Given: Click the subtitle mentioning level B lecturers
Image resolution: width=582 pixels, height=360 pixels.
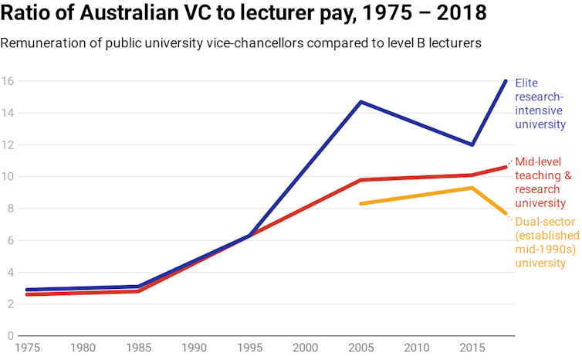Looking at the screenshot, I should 241,43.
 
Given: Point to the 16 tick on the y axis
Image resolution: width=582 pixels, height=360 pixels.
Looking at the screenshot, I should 7,81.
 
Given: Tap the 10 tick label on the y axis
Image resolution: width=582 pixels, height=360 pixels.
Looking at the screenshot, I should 7,177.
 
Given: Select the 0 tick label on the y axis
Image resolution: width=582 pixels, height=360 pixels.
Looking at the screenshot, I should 10,336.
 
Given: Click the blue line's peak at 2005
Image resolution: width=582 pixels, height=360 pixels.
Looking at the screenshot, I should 360,101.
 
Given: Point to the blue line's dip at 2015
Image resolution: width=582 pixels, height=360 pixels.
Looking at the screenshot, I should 472,144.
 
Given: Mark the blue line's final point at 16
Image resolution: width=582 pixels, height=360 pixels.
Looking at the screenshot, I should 506,81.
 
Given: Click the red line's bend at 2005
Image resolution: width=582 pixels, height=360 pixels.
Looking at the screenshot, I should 360,180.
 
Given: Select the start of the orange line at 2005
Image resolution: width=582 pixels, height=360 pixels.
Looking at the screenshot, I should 360,204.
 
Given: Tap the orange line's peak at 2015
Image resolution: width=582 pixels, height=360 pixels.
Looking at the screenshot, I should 472,188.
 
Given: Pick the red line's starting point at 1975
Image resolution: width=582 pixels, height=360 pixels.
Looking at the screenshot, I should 27,294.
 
